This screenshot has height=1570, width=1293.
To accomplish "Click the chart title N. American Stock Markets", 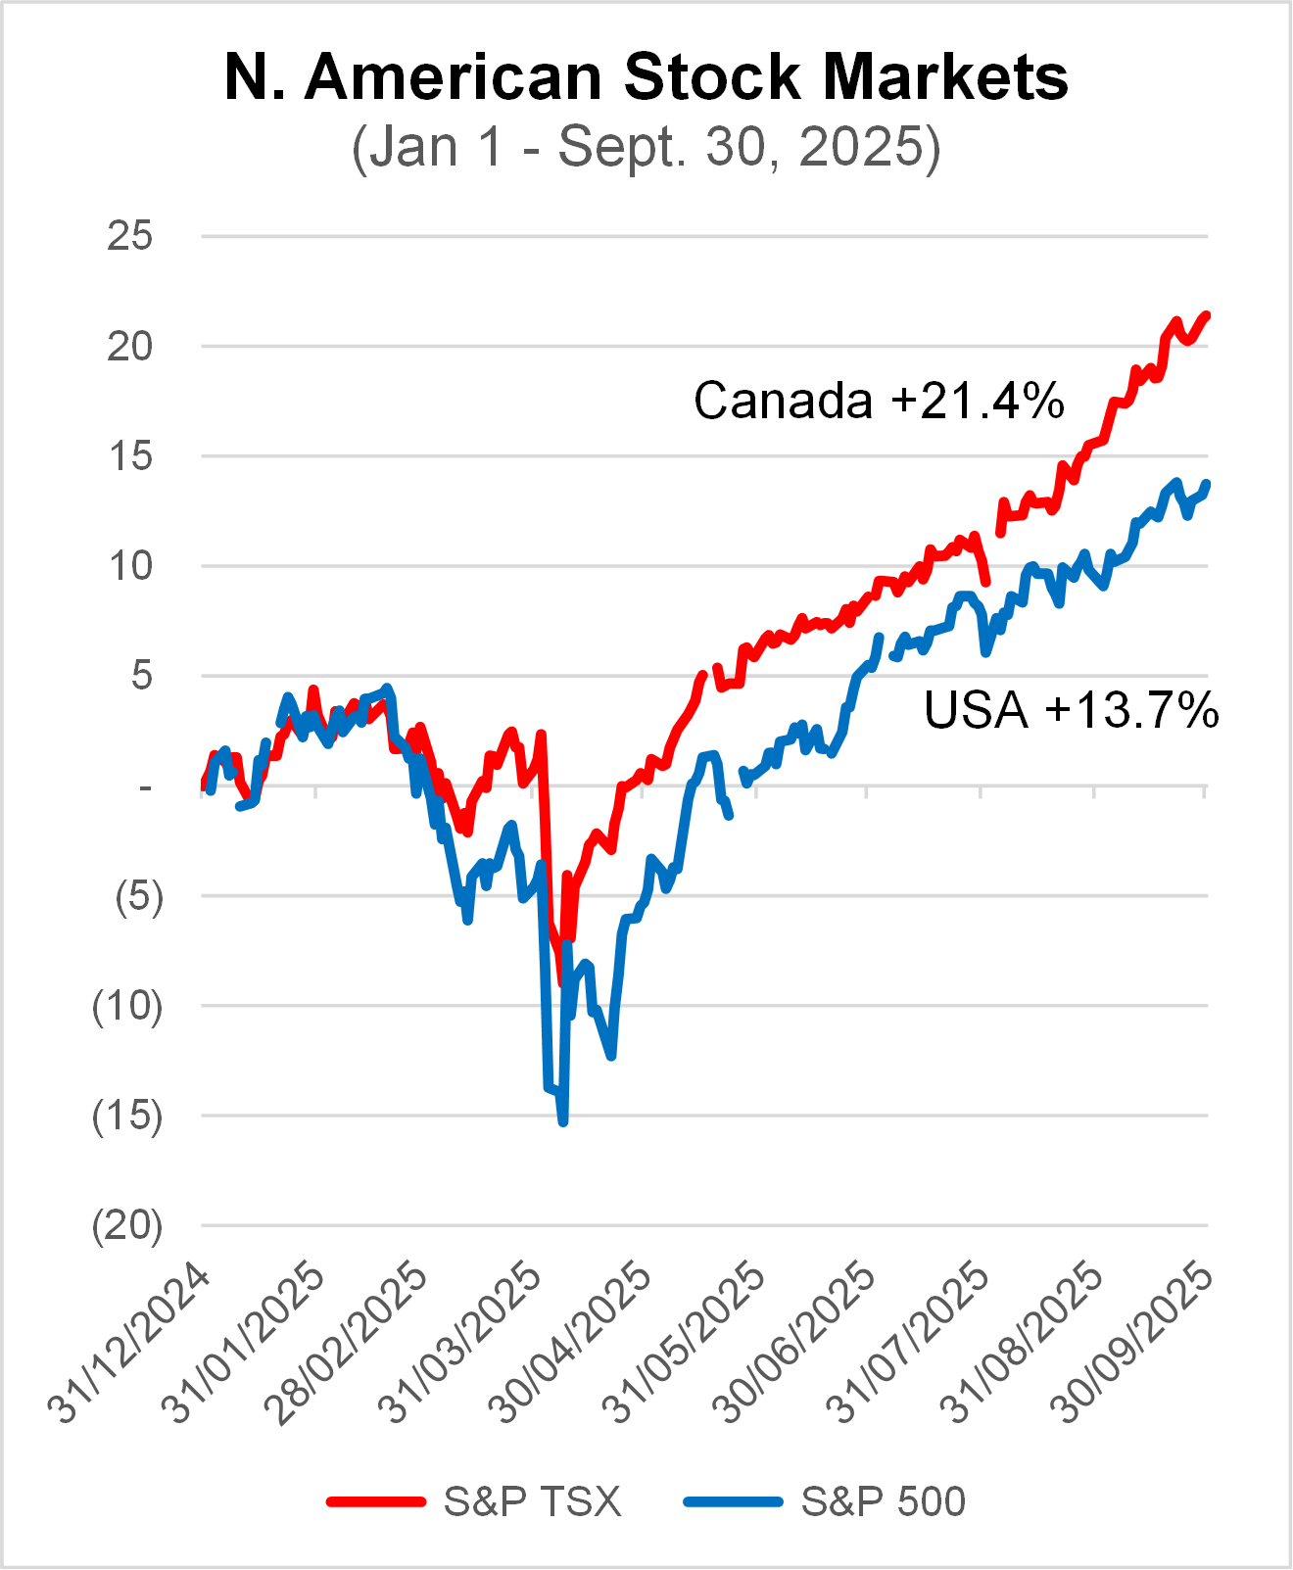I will click(646, 76).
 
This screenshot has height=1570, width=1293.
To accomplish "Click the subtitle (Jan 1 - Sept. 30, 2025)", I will click(646, 148).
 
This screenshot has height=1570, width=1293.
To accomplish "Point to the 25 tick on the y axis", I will click(130, 236).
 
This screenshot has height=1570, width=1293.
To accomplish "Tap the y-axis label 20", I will click(130, 346).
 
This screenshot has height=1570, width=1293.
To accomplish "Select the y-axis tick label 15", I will click(130, 455).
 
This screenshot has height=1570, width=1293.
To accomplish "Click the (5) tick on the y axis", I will click(138, 896).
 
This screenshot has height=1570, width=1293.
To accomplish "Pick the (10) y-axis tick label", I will click(127, 1006).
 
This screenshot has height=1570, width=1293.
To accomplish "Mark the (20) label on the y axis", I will click(127, 1225).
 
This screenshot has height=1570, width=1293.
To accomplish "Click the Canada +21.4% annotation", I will click(879, 401).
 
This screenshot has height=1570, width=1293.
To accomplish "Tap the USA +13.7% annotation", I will click(1071, 710).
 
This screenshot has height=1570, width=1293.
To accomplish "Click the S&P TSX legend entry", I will click(532, 1501).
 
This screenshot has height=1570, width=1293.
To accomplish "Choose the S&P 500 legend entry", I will click(883, 1501).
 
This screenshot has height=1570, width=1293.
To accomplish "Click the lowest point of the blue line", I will click(563, 1122).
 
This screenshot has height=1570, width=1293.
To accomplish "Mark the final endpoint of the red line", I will click(1207, 314).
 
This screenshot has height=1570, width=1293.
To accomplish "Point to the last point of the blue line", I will click(1207, 484).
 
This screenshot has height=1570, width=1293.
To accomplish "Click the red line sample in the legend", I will click(376, 1501).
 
